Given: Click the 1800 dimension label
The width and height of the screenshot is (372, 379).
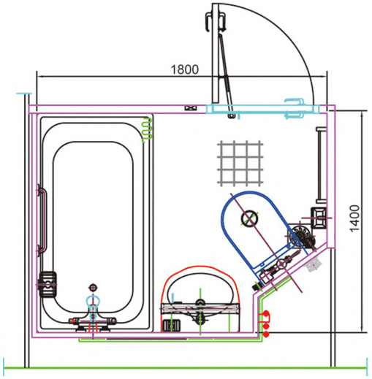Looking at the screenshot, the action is [x=185, y=69].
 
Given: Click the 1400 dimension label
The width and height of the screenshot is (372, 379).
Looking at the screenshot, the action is [x=354, y=218].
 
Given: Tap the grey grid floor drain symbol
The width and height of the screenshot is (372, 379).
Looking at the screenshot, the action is [x=240, y=164].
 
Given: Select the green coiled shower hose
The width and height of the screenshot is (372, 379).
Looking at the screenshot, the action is [x=148, y=130].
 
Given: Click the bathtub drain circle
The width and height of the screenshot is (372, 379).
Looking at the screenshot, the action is [x=93, y=288].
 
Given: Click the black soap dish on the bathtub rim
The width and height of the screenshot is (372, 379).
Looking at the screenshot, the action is [x=48, y=284].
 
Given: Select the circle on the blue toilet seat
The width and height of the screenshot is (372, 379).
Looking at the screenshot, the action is [x=249, y=218].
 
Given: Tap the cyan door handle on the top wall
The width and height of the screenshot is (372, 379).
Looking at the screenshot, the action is [x=295, y=108].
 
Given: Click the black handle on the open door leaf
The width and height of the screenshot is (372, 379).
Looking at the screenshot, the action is [x=216, y=22].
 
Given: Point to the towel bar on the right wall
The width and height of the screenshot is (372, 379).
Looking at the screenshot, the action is [x=320, y=165].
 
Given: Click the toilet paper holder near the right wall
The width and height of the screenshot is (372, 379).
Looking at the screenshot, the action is [x=319, y=218].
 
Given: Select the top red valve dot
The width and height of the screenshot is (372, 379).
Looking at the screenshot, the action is [x=266, y=313].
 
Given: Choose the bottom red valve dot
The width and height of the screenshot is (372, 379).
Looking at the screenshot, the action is [x=266, y=334].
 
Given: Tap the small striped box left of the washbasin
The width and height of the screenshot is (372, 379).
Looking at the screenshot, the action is [x=172, y=325].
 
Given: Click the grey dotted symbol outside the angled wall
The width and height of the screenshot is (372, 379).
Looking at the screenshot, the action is [x=314, y=264].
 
